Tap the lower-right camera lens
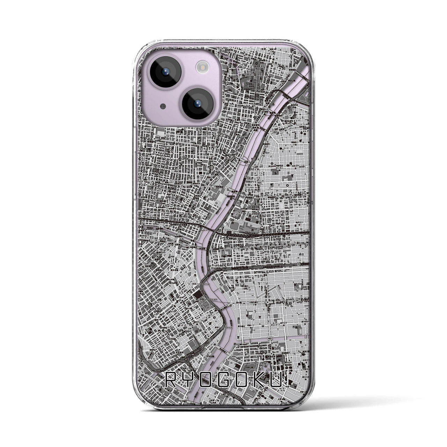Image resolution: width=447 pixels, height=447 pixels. [197, 103]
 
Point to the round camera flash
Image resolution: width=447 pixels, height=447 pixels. [201, 66]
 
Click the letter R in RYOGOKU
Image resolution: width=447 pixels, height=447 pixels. [171, 380]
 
